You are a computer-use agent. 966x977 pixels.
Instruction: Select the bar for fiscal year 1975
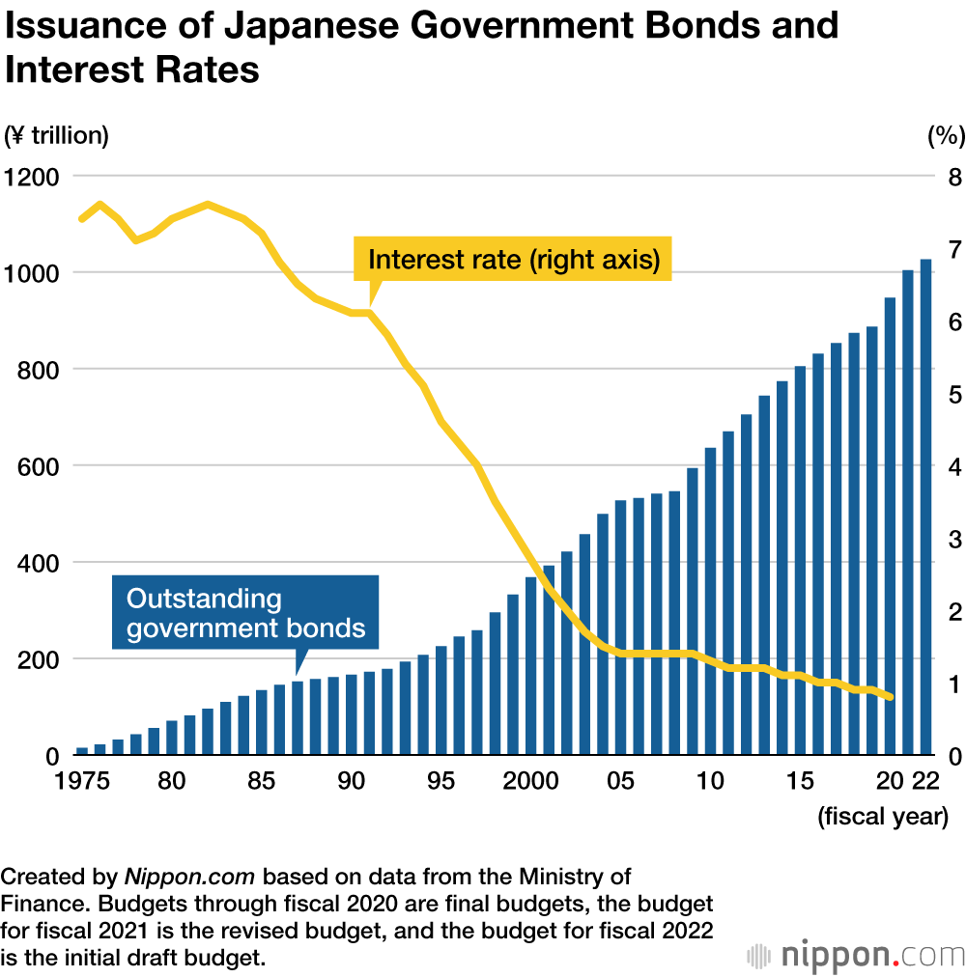click(82, 750)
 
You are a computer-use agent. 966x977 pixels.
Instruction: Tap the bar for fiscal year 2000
click(531, 666)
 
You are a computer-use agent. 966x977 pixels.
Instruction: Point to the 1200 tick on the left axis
click(32, 178)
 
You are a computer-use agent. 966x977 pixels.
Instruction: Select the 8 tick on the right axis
click(953, 178)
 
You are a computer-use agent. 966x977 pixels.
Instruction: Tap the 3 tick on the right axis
click(953, 539)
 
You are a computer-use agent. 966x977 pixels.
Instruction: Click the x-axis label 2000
click(529, 780)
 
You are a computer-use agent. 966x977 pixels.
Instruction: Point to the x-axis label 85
click(261, 780)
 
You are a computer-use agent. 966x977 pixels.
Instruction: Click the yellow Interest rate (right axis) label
click(513, 260)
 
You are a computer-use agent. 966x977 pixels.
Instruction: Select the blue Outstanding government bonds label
click(245, 613)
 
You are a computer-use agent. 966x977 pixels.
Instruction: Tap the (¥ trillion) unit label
click(57, 136)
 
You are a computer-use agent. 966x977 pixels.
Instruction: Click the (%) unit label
click(946, 136)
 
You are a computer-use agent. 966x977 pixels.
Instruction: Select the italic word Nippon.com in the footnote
click(189, 878)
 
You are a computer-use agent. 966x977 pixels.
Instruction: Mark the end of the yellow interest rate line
click(890, 697)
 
